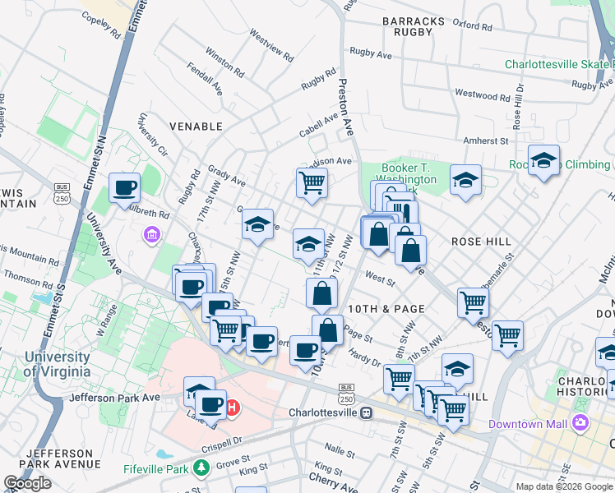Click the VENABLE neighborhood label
tap(196, 127)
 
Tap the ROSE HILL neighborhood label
tap(481, 242)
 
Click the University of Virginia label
tap(57, 364)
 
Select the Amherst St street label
tap(486, 141)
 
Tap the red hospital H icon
tap(233, 406)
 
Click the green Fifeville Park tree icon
tap(202, 468)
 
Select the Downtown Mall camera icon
tap(581, 422)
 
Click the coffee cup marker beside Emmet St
tap(125, 188)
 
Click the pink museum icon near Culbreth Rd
tap(151, 237)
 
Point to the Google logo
tap(27, 483)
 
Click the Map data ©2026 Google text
tap(564, 486)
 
